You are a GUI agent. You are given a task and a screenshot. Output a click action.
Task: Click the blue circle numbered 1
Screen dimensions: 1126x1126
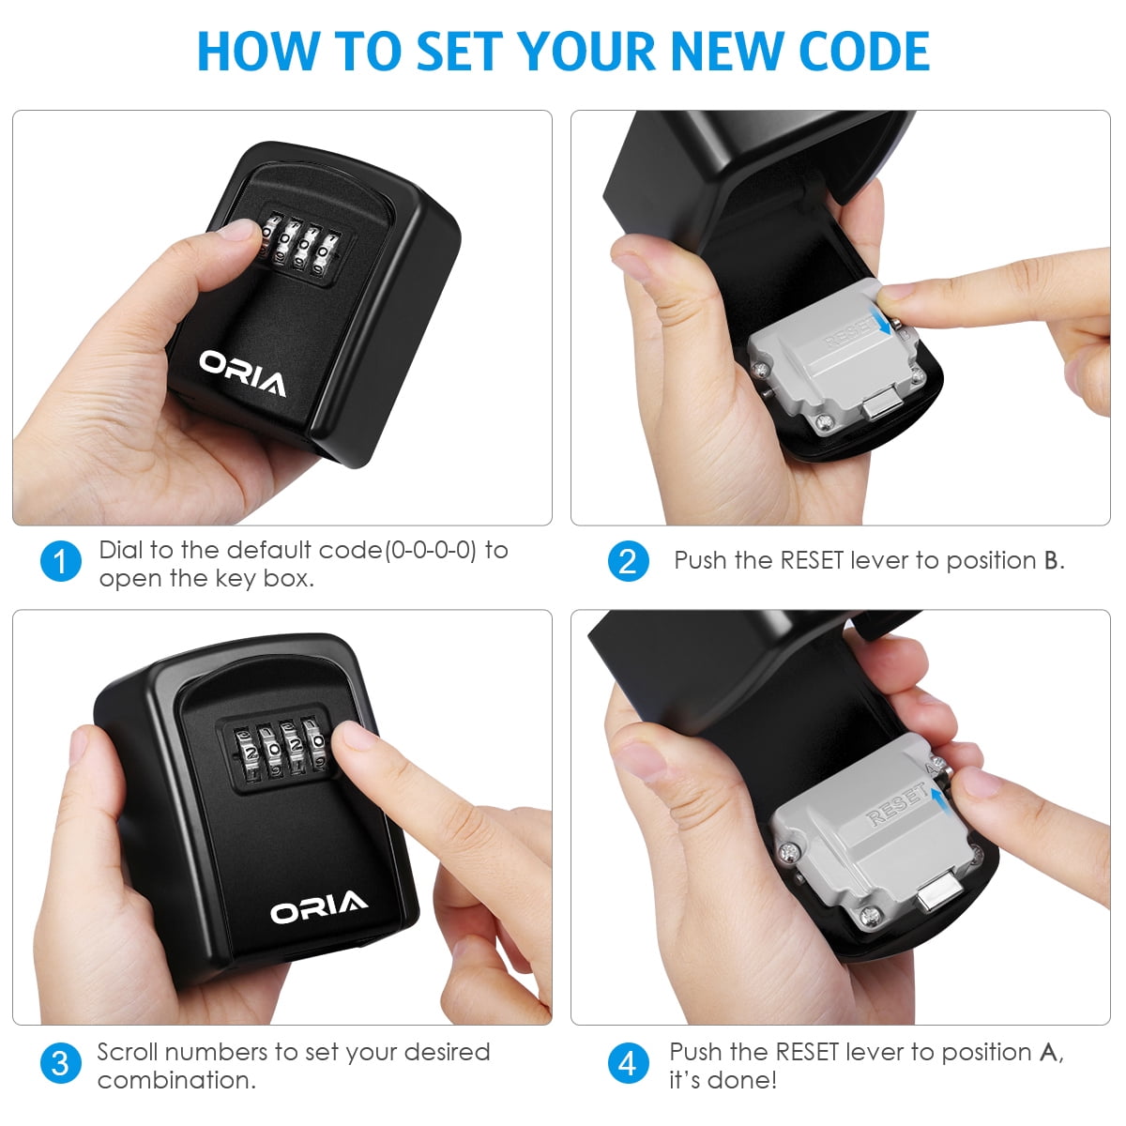(61, 561)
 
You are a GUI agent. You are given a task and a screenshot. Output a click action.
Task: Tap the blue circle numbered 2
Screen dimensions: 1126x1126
(628, 561)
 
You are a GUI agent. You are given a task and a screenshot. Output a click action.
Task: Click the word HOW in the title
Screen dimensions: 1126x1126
(258, 52)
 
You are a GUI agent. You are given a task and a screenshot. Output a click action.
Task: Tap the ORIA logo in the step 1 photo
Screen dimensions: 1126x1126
(242, 373)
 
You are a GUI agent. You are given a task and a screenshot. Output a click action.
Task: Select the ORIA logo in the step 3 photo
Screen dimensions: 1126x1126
(318, 906)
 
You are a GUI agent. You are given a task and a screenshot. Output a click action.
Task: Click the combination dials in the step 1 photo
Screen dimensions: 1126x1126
(299, 246)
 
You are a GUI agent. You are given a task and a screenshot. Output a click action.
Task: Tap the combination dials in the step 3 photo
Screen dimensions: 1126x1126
(280, 749)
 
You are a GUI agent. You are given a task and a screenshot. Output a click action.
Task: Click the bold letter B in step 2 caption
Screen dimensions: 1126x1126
(1051, 561)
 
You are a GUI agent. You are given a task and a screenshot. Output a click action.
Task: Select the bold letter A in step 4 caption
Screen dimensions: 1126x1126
(1048, 1053)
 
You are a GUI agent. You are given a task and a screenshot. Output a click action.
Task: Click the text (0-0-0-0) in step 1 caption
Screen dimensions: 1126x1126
(430, 551)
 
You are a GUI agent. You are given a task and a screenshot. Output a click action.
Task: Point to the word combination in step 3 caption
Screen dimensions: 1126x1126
(175, 1080)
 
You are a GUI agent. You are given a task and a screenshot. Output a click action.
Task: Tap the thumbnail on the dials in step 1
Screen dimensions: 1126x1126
(239, 230)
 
